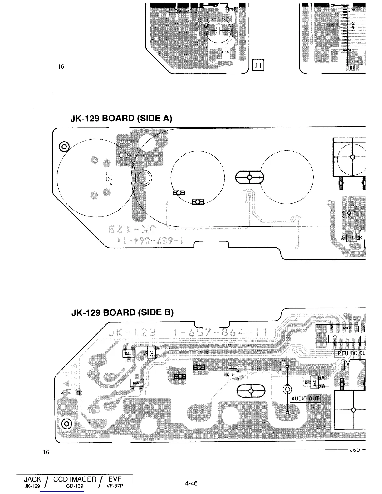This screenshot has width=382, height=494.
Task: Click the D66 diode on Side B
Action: point(128,354)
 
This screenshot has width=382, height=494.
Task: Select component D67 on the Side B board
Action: point(151,353)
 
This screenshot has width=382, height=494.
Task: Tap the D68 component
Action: point(136,383)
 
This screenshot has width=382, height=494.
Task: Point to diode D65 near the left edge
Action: point(71,393)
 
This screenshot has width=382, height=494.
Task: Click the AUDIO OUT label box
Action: point(305,399)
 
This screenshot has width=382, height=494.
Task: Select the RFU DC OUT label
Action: point(350,353)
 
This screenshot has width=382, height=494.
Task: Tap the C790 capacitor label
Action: point(218,24)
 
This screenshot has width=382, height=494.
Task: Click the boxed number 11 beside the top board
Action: point(259,65)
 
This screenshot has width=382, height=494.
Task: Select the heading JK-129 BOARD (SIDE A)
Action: point(122,119)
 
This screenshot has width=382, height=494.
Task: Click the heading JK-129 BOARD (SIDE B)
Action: point(122,312)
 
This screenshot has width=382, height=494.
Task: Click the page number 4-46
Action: point(191,483)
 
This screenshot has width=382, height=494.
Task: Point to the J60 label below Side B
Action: point(355,450)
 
